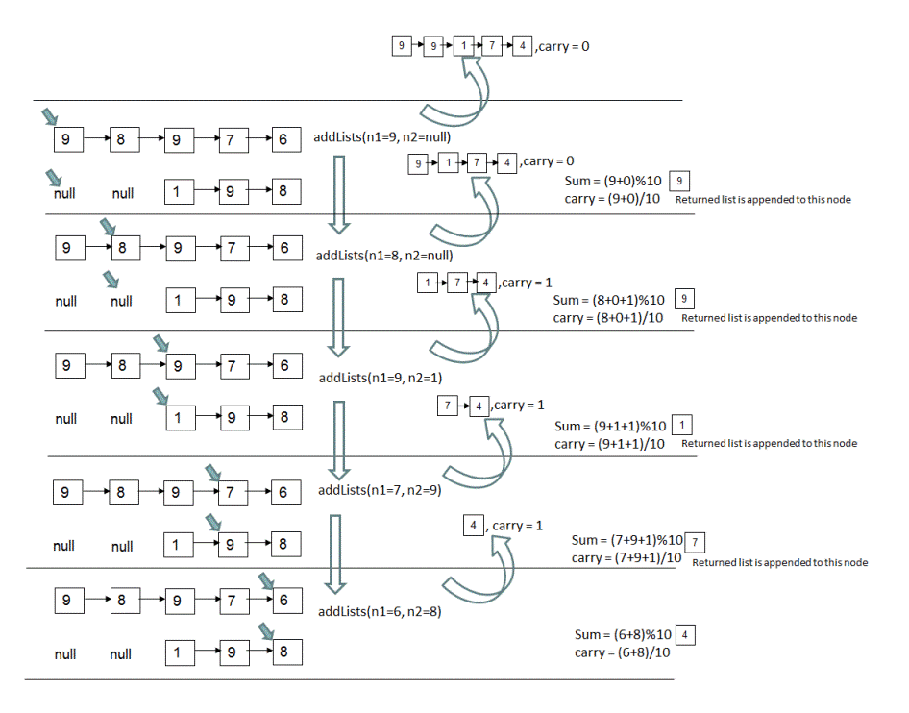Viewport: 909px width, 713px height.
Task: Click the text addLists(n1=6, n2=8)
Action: coord(380,611)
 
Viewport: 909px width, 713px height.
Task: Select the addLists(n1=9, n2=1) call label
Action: coord(380,377)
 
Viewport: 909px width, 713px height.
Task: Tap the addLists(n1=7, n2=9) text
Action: coord(380,490)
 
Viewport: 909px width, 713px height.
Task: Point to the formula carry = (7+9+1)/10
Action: coord(626,558)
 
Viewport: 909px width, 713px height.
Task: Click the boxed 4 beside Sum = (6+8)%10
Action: coord(685,635)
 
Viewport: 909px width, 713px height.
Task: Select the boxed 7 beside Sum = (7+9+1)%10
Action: coord(699,540)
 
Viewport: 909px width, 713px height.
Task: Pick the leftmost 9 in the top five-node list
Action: coord(402,45)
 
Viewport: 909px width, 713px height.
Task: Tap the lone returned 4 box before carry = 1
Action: coord(473,525)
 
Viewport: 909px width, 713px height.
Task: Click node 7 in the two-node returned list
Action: coord(447,406)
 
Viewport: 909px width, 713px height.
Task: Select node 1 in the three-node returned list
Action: coord(425,283)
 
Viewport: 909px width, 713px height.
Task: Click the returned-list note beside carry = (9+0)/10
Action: coord(763,200)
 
